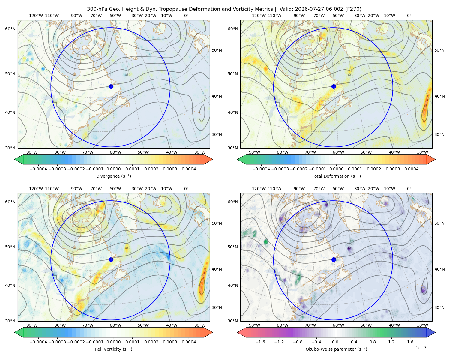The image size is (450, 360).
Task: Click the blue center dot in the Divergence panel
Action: click(111, 86)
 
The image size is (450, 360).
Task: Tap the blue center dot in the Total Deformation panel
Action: click(334, 86)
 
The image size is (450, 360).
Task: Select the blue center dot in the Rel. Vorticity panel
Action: click(111, 259)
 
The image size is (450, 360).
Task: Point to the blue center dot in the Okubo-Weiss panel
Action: click(334, 259)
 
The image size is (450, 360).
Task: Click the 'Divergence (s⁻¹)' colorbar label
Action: click(113, 176)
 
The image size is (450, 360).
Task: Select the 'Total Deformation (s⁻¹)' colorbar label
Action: click(336, 176)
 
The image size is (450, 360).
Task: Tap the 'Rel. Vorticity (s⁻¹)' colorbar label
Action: click(113, 349)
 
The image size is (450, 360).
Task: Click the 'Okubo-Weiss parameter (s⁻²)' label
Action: click(336, 349)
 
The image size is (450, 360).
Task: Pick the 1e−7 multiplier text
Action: click(421, 348)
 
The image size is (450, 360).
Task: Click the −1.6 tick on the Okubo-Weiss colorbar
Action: click(260, 342)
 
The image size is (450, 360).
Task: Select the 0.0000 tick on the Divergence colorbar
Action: click(113, 169)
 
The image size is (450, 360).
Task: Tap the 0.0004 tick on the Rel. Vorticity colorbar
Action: click(189, 342)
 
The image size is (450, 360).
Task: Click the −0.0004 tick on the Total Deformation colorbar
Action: click(261, 169)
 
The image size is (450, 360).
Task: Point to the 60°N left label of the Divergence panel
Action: click(10, 29)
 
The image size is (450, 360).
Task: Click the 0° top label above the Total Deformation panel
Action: click(409, 16)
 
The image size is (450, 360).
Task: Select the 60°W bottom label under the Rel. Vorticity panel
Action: click(115, 325)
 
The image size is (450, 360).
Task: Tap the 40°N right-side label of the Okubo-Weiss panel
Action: click(439, 269)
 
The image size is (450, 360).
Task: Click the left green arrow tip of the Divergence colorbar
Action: click(15, 159)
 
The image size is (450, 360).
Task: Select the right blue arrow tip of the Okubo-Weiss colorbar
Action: click(435, 332)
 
